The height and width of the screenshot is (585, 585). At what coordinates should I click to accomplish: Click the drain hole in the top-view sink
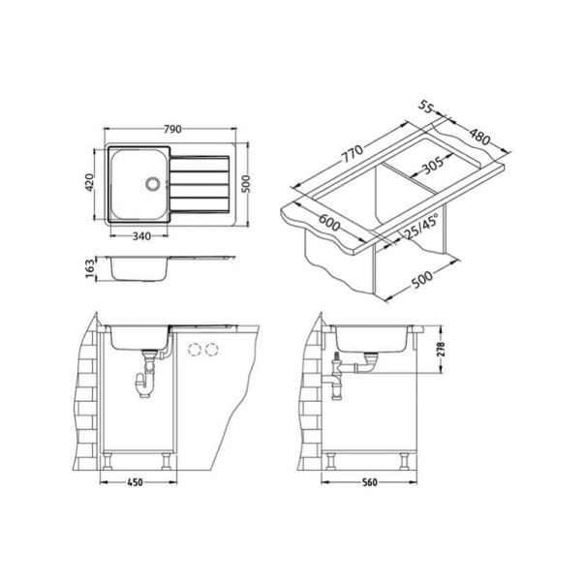point(151,182)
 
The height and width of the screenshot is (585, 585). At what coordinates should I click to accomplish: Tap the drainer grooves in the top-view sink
point(201,183)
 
